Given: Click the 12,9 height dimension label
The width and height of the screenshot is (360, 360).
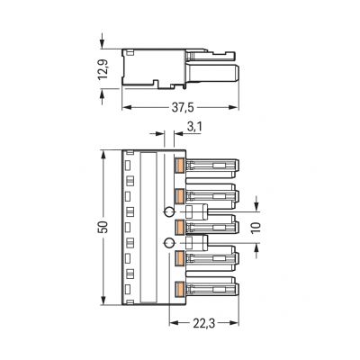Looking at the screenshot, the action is pyautogui.click(x=103, y=68).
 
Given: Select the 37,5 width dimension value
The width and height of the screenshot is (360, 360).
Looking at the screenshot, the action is pyautogui.click(x=183, y=107).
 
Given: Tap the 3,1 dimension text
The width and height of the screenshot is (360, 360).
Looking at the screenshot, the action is pyautogui.click(x=194, y=127).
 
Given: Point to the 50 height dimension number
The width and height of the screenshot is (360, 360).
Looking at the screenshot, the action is pyautogui.click(x=103, y=228).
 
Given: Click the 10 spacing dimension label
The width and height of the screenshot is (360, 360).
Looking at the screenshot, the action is pyautogui.click(x=256, y=228).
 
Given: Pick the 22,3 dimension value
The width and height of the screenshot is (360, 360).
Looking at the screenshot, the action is pyautogui.click(x=203, y=323).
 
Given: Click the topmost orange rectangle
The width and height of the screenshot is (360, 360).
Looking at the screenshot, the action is pyautogui.click(x=180, y=166).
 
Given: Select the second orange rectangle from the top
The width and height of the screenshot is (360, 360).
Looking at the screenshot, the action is pyautogui.click(x=180, y=196).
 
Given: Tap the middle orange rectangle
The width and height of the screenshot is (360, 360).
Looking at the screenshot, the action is pyautogui.click(x=180, y=227).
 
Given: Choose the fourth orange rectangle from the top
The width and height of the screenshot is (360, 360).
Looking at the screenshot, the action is pyautogui.click(x=180, y=258).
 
